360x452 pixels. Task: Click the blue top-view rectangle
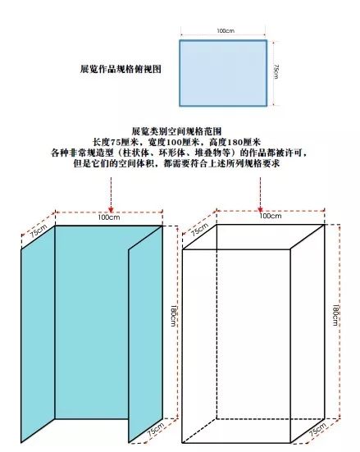coord(223,73)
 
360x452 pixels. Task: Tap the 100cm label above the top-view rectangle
coord(226,30)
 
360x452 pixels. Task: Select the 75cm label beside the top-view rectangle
coord(276,71)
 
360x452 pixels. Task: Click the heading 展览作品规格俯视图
coord(121,69)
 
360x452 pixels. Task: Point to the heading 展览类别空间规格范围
coord(176,131)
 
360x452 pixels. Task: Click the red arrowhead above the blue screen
coord(111,209)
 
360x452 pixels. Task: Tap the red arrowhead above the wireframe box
coord(260,209)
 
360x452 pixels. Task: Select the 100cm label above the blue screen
coord(109,217)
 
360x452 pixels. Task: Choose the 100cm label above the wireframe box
coord(271,216)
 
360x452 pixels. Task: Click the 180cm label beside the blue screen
coord(173,316)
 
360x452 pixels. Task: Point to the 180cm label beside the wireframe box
coord(335,315)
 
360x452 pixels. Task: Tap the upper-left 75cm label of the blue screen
coord(39,231)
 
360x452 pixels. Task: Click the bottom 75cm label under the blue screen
coord(156,429)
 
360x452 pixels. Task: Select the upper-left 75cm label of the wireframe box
coord(199,230)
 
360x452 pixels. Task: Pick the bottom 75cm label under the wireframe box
coord(317,429)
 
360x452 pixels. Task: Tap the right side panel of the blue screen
coord(145,334)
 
